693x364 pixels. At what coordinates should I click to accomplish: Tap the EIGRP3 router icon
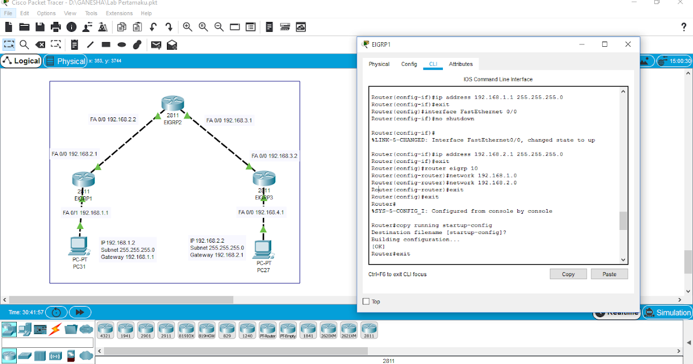(264, 179)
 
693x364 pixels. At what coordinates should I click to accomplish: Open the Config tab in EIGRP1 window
(409, 64)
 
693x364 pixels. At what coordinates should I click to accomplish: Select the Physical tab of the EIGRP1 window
(379, 64)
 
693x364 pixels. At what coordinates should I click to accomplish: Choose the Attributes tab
(461, 64)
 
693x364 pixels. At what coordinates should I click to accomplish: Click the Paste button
(609, 274)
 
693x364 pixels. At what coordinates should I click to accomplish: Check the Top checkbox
(366, 302)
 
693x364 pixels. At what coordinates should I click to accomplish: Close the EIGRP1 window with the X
(628, 44)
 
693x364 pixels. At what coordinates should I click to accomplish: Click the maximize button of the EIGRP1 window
(605, 44)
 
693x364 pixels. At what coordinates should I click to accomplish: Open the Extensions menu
(119, 13)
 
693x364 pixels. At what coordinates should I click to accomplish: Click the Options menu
(46, 13)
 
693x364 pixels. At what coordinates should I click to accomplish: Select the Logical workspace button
(21, 61)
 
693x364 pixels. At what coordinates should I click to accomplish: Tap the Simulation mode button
(668, 313)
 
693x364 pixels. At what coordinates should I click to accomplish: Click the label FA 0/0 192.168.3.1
(229, 121)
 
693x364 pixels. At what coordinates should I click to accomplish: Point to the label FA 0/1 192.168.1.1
(85, 213)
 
